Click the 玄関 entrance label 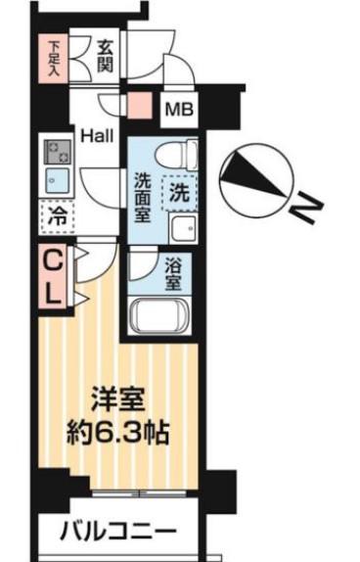point(107,57)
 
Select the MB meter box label point(178,108)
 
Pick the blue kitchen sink point(54,182)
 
